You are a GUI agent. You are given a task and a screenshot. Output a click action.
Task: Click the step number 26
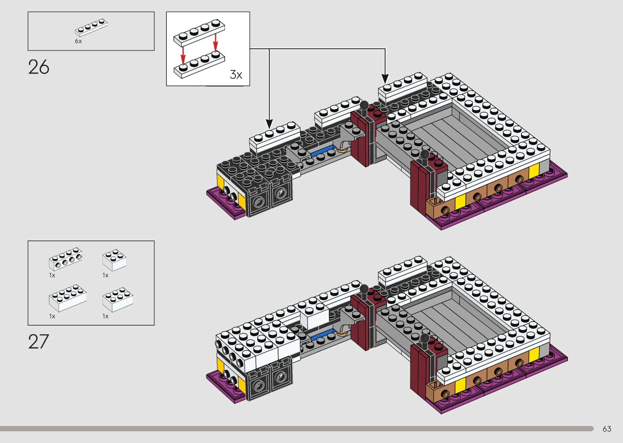click(39, 67)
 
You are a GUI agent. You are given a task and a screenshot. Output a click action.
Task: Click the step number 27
click(38, 341)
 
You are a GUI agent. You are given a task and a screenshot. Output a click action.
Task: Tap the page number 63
click(607, 429)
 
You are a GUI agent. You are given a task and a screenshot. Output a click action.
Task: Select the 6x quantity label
click(78, 41)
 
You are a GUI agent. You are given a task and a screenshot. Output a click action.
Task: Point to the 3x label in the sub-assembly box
click(236, 75)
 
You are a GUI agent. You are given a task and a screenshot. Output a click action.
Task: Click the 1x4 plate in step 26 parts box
click(91, 28)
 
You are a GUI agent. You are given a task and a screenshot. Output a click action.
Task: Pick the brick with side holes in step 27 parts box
click(65, 259)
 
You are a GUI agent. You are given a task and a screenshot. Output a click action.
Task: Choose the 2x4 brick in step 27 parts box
click(68, 298)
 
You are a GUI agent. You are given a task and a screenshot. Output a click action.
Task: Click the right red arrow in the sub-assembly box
click(216, 43)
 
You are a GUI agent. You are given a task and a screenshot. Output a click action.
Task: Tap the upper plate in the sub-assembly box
click(199, 32)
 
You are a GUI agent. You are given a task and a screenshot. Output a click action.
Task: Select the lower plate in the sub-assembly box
click(199, 65)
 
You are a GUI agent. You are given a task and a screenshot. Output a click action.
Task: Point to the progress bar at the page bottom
click(297, 429)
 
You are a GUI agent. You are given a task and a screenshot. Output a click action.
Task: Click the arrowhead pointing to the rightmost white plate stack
click(385, 79)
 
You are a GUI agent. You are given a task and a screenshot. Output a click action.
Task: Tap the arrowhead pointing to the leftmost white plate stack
click(269, 124)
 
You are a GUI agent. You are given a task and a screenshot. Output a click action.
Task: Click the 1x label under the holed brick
click(52, 275)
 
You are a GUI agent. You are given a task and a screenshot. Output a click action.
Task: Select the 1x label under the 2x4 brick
click(52, 316)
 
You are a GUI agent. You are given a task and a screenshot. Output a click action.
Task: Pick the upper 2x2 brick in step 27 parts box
click(114, 260)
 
